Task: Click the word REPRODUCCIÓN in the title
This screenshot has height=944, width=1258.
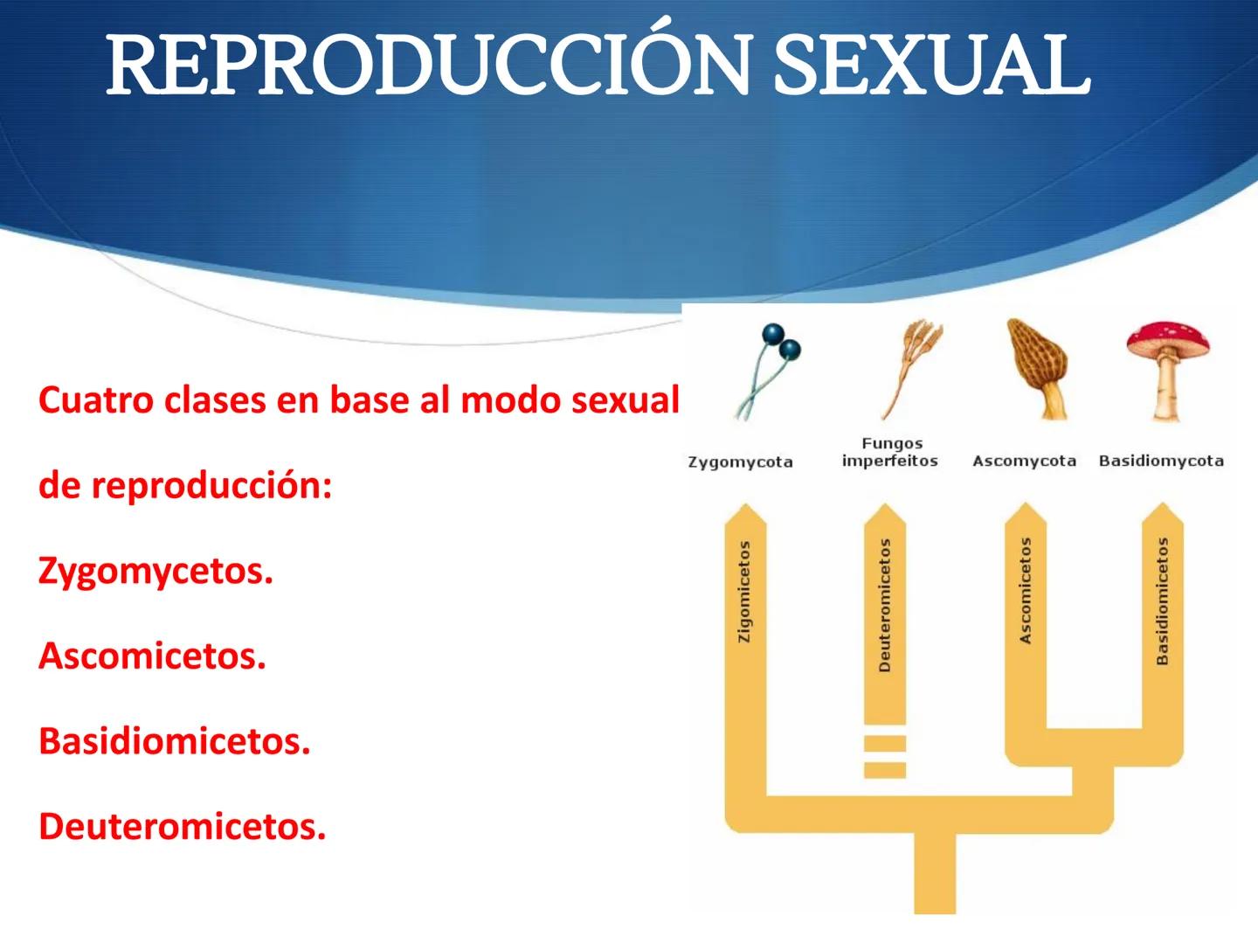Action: click(x=428, y=66)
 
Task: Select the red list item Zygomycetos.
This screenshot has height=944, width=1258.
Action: click(x=156, y=572)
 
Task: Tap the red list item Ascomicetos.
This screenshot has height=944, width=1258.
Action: click(x=152, y=656)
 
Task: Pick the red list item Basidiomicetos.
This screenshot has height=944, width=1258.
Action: click(x=175, y=741)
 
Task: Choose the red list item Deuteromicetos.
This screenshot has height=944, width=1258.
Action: click(x=182, y=826)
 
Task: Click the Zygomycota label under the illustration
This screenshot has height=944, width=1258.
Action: click(x=740, y=462)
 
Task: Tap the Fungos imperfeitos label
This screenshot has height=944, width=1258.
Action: click(x=889, y=453)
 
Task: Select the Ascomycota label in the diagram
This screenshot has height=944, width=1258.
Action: click(x=1024, y=461)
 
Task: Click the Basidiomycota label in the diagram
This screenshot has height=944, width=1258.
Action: click(x=1161, y=461)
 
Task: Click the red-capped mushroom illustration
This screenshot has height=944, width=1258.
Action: click(x=1167, y=367)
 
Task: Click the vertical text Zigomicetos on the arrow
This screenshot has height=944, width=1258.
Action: click(x=744, y=592)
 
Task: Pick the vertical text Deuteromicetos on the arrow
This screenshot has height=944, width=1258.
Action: click(x=885, y=605)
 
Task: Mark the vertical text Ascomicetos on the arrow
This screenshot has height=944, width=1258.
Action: click(x=1026, y=592)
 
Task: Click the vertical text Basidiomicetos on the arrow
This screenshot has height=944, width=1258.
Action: click(x=1163, y=601)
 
